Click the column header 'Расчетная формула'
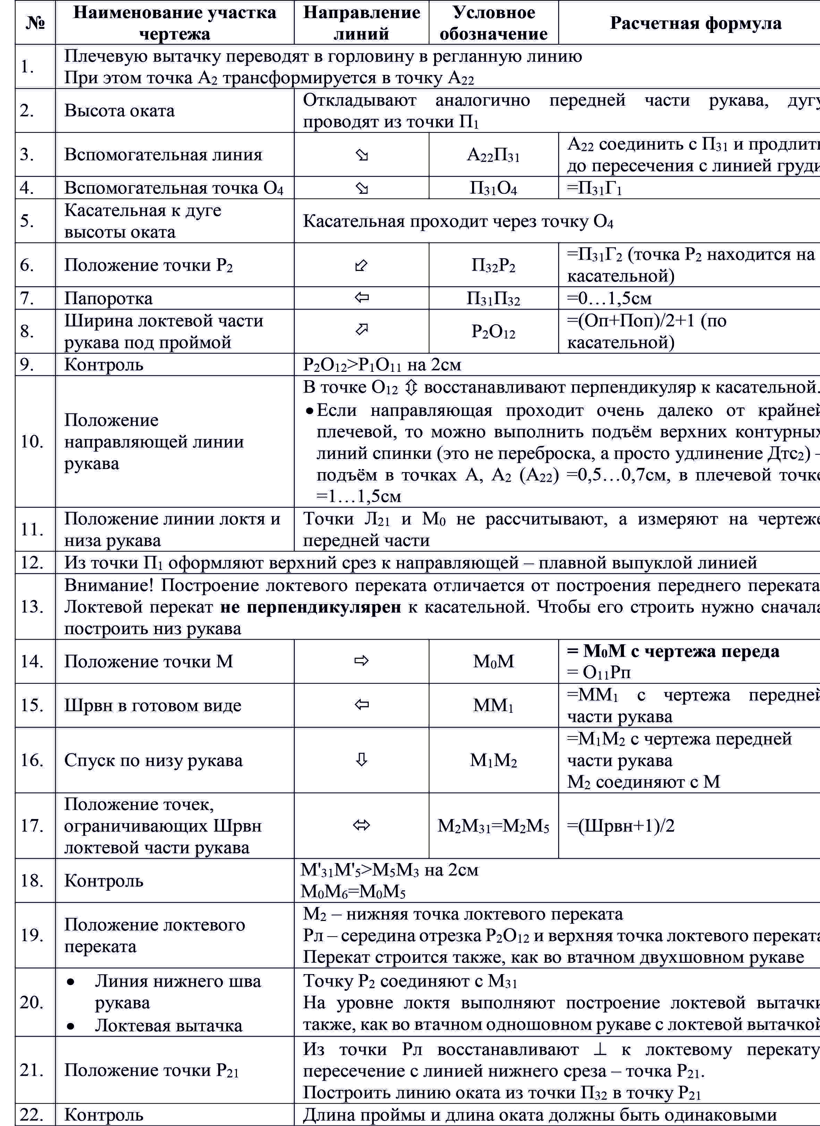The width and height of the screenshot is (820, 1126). click(695, 23)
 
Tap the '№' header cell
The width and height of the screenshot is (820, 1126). click(35, 23)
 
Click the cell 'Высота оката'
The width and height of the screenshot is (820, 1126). click(120, 110)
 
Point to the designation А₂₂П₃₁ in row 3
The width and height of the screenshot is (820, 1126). click(493, 155)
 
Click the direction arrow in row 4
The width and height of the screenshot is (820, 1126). click(362, 188)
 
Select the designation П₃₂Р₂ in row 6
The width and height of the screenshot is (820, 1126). click(493, 266)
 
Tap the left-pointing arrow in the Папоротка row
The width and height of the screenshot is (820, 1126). click(362, 298)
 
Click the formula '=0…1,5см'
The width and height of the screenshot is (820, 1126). click(609, 298)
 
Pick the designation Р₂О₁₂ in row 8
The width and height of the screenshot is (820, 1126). click(493, 332)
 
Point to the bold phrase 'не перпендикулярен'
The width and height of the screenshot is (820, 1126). click(310, 607)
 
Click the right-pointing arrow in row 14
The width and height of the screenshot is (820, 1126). click(362, 661)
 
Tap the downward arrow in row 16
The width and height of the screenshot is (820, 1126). click(362, 760)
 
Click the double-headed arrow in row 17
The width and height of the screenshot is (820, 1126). click(362, 825)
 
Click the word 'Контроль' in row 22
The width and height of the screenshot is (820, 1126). click(104, 1115)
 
